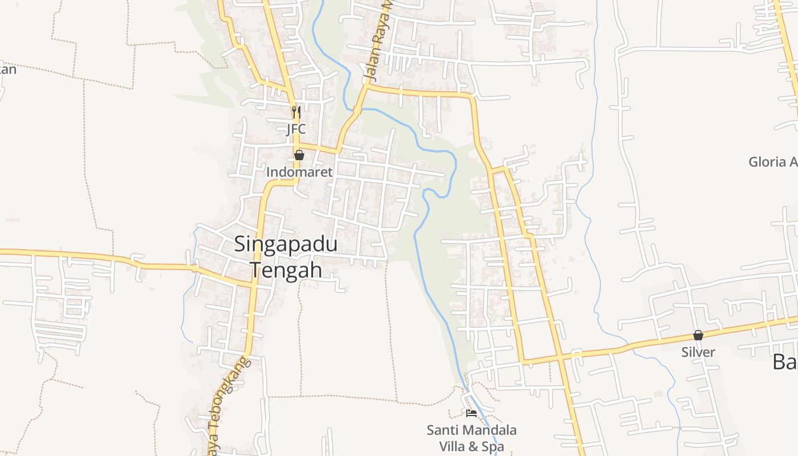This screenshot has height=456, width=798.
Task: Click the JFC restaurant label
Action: click(296, 129)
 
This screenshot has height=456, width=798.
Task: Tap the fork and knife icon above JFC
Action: click(296, 112)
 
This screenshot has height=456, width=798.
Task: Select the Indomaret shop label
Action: click(299, 172)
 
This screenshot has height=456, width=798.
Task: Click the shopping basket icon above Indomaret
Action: click(299, 155)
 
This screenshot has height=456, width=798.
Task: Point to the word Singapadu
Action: click(286, 245)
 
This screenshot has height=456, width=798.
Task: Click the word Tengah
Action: click(286, 270)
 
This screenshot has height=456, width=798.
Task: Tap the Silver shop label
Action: click(698, 352)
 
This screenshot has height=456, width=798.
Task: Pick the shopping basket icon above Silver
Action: click(698, 335)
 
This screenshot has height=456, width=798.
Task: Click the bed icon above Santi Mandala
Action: click(471, 413)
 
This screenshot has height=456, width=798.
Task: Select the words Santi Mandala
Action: click(471, 430)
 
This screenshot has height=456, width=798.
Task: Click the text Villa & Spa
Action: click(471, 446)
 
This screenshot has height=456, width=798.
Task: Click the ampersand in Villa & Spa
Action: click(471, 446)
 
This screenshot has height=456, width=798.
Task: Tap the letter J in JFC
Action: click(288, 129)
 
